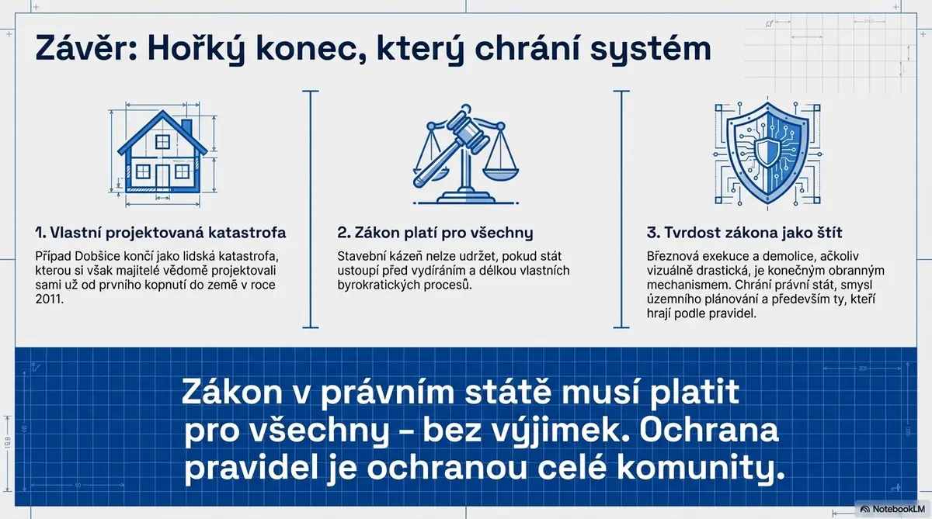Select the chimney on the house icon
(187, 126)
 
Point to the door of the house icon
(162, 176)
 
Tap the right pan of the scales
(500, 173)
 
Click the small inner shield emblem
(767, 153)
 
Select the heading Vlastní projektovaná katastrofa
(161, 233)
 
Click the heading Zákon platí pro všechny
(435, 233)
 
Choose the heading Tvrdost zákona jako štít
(744, 233)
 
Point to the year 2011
(49, 299)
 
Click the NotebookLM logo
(892, 509)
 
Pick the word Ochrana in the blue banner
(708, 431)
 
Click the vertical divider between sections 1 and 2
(311, 209)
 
